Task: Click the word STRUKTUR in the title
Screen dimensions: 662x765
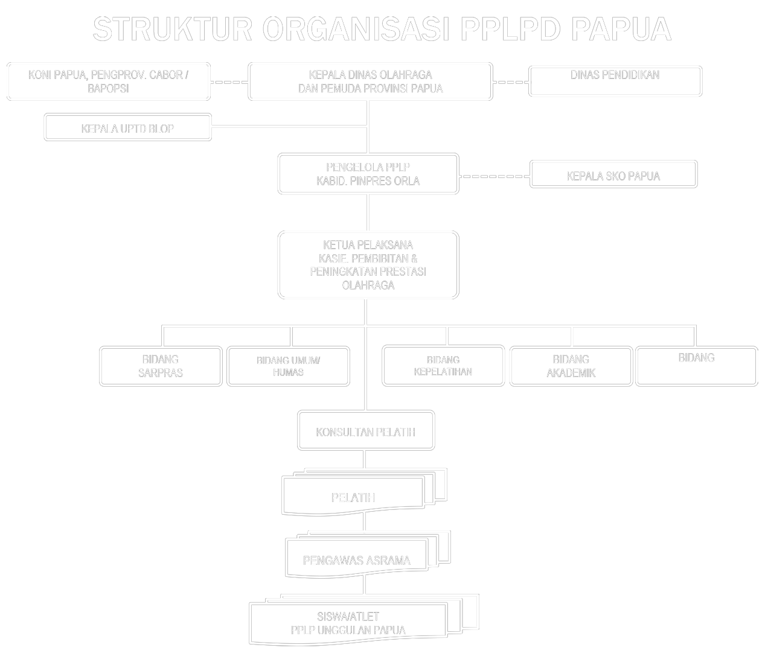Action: coord(173,29)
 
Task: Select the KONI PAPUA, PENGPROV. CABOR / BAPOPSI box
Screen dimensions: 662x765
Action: coord(109,81)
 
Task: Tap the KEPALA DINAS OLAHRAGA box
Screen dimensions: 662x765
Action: coord(370,81)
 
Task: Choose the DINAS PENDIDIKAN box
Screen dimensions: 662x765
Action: coord(615,81)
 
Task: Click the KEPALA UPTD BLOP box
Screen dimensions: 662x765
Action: coord(127,128)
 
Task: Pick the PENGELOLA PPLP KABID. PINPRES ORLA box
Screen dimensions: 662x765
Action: coord(368,174)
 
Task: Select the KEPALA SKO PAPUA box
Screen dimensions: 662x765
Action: coord(613,176)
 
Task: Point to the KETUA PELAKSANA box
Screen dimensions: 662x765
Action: coord(368,265)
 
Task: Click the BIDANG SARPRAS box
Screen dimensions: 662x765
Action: coord(161,366)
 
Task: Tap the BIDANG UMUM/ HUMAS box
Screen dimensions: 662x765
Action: coord(288,366)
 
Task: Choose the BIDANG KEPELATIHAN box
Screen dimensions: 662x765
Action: coord(443,366)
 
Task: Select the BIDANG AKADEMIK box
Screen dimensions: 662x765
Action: coord(571,366)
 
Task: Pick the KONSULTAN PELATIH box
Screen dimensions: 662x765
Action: coord(365,431)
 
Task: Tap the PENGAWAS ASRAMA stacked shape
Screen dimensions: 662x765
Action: coord(356,559)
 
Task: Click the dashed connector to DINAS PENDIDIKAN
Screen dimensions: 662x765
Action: coord(511,81)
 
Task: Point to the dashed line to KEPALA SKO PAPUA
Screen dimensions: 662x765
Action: coord(494,176)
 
